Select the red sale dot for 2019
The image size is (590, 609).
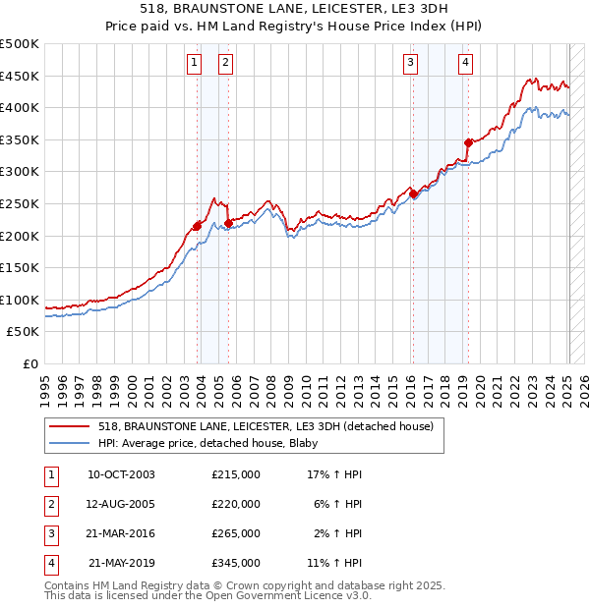click(x=468, y=142)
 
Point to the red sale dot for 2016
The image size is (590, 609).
click(x=413, y=194)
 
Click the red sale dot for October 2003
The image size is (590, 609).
click(x=198, y=226)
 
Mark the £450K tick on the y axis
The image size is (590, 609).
click(x=21, y=76)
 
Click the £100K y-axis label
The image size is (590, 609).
click(x=21, y=300)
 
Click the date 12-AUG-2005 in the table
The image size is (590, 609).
click(x=121, y=504)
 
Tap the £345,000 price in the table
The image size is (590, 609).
click(x=236, y=563)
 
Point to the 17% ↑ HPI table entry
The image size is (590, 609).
click(x=335, y=474)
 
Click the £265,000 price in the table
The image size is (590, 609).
click(x=236, y=533)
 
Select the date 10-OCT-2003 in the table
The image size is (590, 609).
click(x=121, y=474)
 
